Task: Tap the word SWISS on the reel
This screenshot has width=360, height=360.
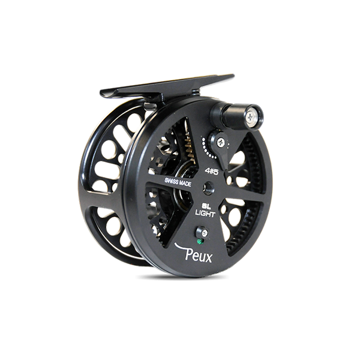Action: (x=170, y=180)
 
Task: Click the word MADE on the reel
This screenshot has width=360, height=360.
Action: (x=184, y=183)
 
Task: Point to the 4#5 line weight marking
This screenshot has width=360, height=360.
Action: (x=211, y=172)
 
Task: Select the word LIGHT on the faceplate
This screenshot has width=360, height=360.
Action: (x=205, y=214)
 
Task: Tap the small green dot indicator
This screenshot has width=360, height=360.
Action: (x=199, y=241)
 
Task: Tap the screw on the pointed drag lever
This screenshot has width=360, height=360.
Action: (x=221, y=142)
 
